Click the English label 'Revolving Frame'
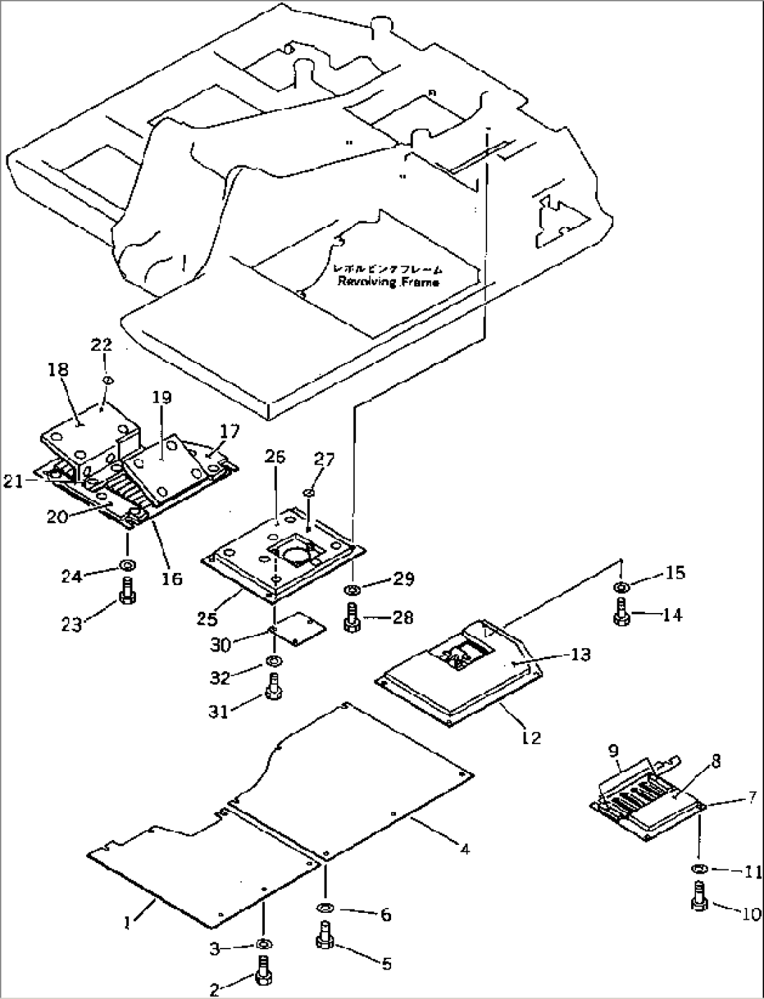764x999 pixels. coord(388,282)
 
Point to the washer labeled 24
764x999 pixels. coord(128,565)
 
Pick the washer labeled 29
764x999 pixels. coord(353,588)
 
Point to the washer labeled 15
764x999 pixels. coord(620,586)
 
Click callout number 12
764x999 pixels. coord(531,737)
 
